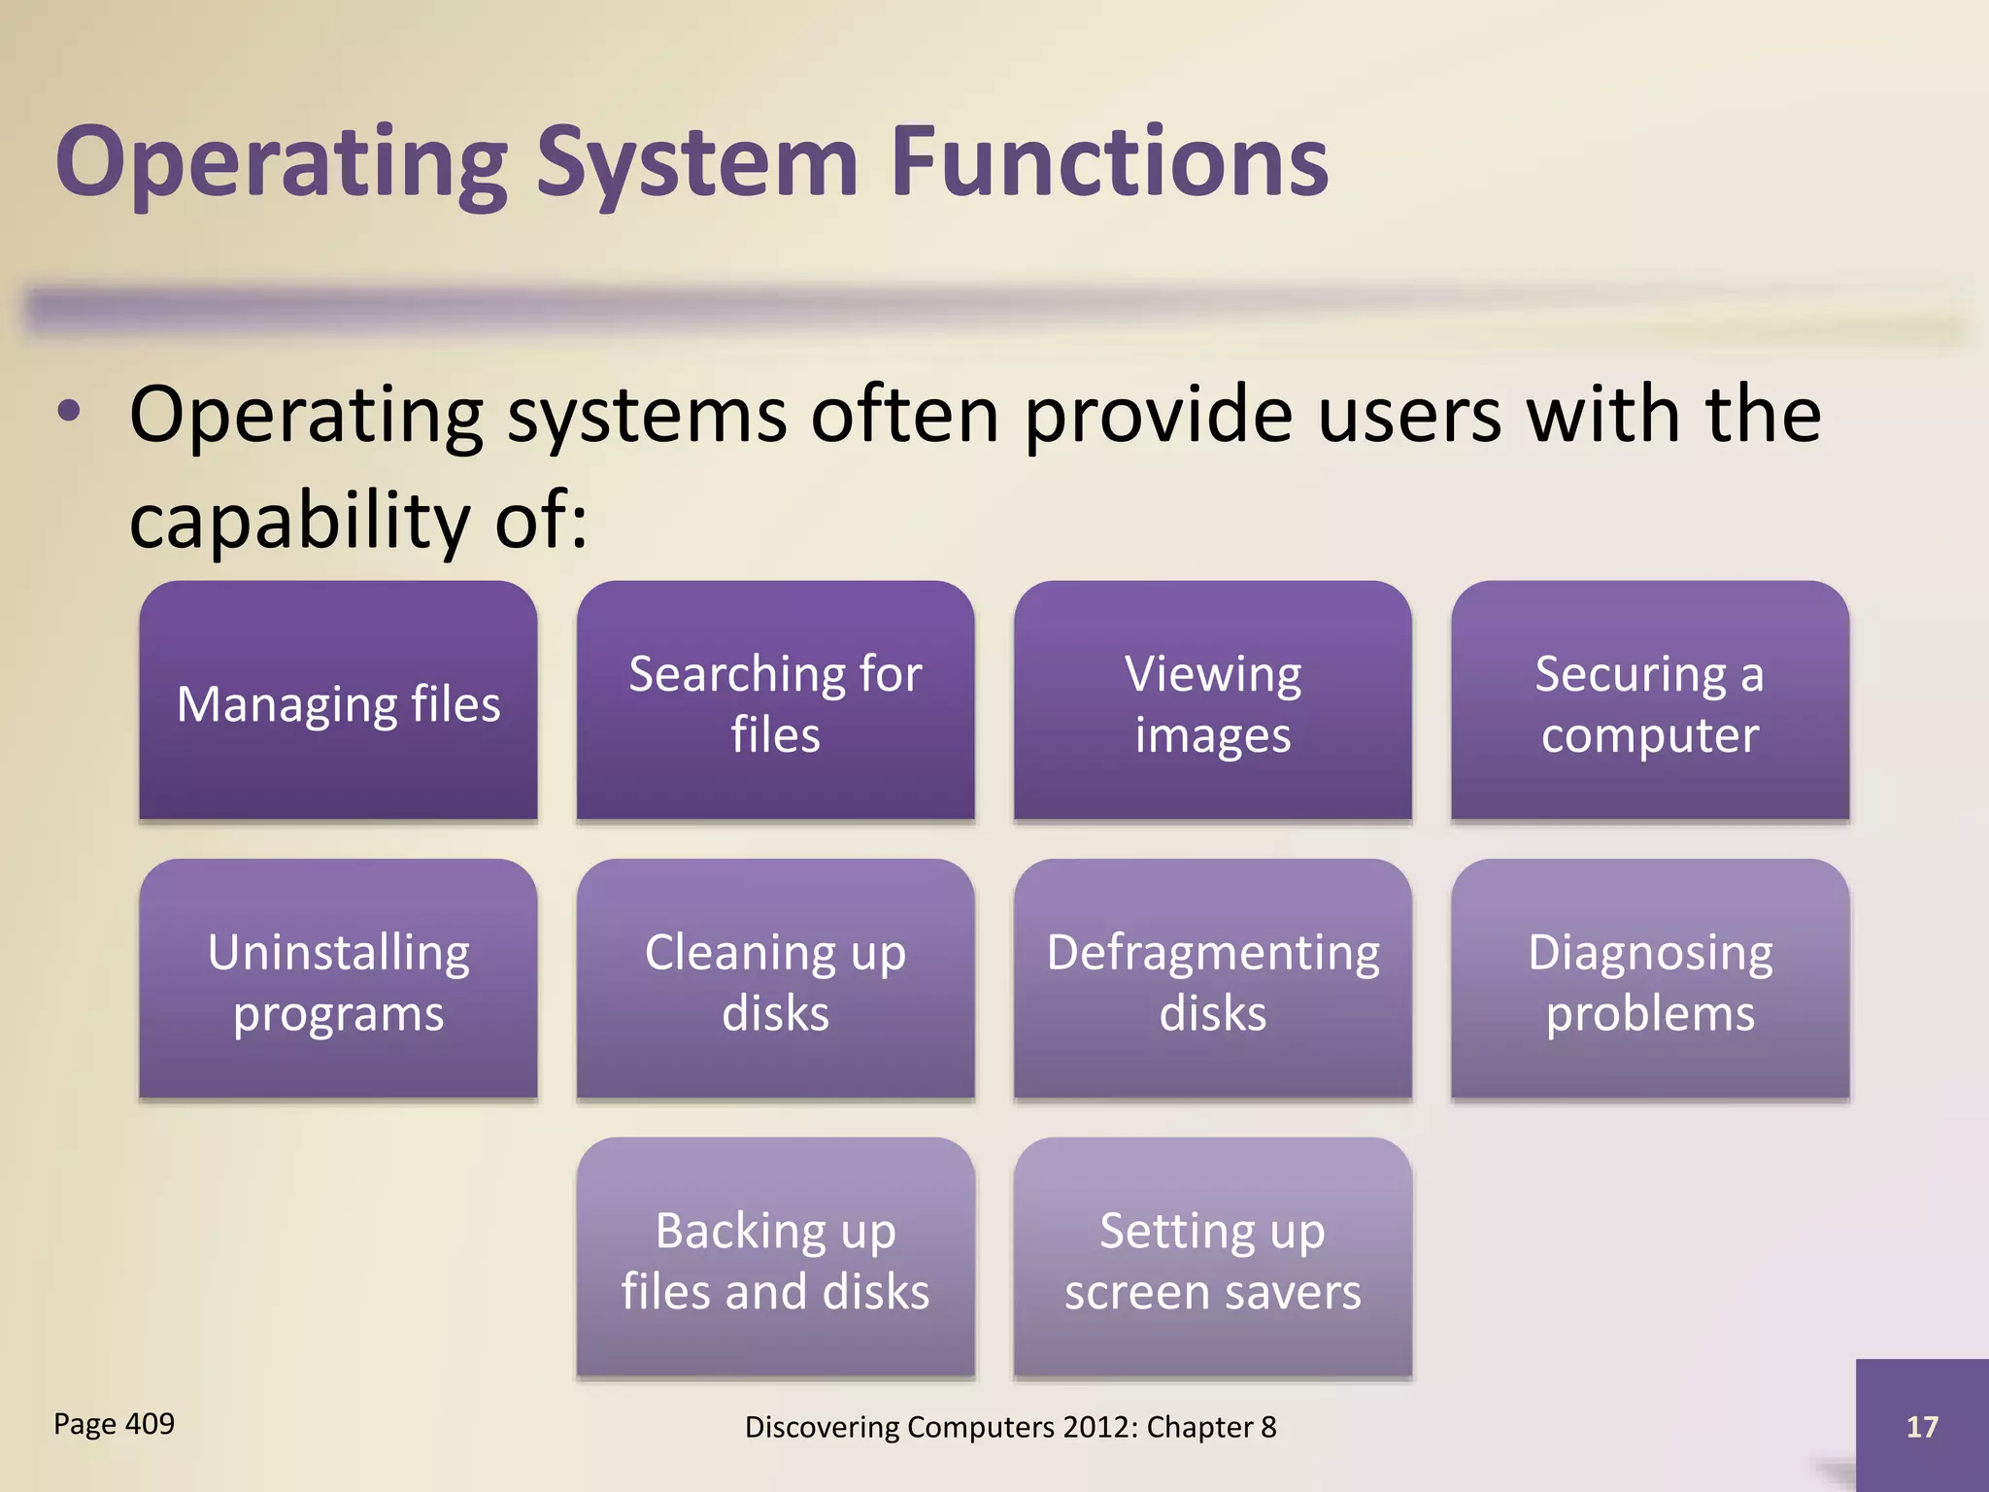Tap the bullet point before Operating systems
(x=69, y=412)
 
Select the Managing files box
(x=338, y=701)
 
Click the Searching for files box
(x=775, y=701)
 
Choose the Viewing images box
(x=1212, y=701)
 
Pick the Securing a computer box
(x=1649, y=701)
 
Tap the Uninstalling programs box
(x=338, y=980)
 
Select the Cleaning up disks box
(x=775, y=980)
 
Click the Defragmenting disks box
(x=1212, y=980)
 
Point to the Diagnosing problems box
(x=1649, y=980)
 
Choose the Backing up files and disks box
(x=775, y=1259)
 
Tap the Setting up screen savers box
(x=1212, y=1259)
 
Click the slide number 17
(x=1921, y=1426)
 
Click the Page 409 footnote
(x=114, y=1424)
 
